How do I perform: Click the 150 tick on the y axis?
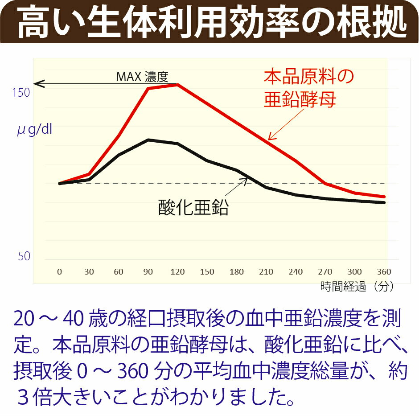tap(21, 93)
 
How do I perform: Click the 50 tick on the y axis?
tap(24, 257)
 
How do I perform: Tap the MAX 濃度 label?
tap(142, 77)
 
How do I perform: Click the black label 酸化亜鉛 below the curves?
tap(193, 208)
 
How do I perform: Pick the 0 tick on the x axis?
tap(59, 272)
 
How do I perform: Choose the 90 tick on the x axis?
tap(148, 272)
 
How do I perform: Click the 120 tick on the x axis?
tap(177, 272)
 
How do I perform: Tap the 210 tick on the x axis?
tap(266, 272)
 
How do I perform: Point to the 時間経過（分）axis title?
tap(357, 287)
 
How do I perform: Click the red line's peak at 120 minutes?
tap(177, 84)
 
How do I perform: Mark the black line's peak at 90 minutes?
tap(148, 140)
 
